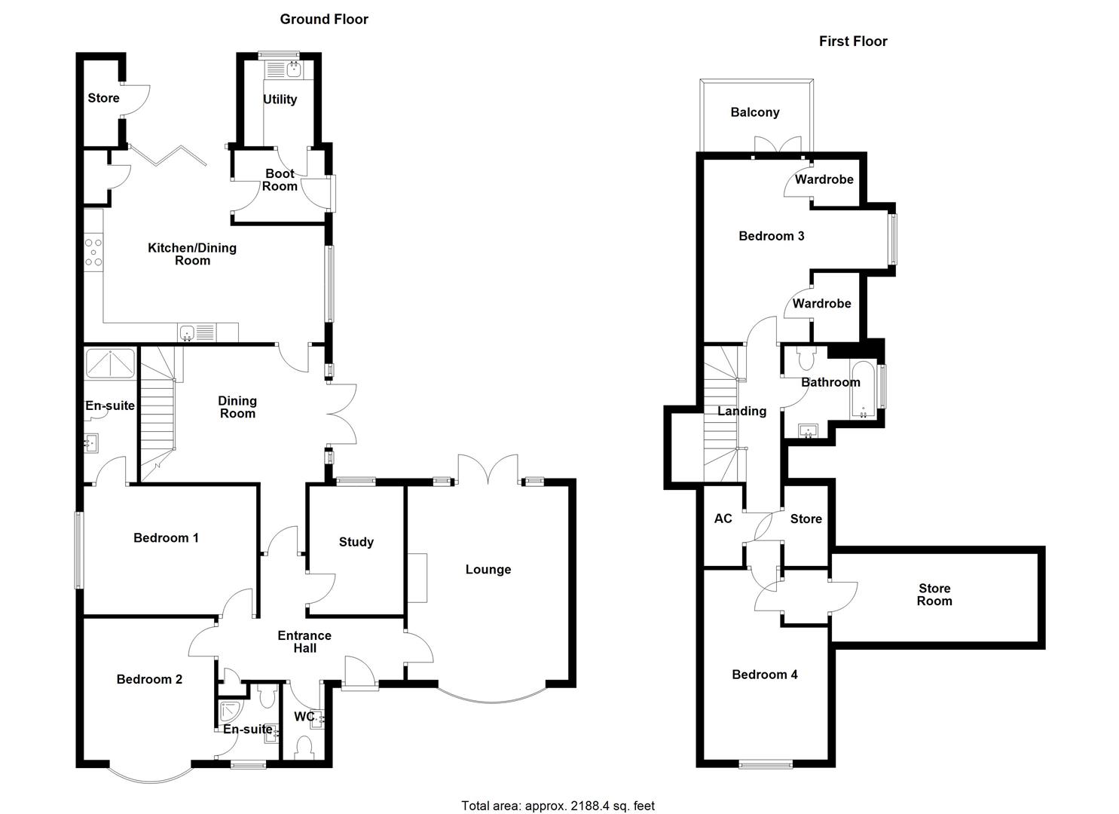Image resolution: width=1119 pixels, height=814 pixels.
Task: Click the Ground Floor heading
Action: (x=324, y=20)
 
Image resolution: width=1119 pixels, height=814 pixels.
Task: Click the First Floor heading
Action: (x=853, y=41)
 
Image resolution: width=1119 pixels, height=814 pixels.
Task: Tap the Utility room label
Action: (x=280, y=99)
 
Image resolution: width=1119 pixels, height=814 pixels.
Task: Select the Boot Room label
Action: (x=280, y=180)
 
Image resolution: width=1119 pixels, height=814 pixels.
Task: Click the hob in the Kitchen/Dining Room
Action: (x=93, y=252)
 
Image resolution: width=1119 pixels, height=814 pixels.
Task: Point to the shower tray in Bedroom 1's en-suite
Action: (x=110, y=363)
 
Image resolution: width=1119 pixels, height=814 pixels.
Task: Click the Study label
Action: (x=356, y=542)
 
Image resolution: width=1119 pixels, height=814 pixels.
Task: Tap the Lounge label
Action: (x=488, y=570)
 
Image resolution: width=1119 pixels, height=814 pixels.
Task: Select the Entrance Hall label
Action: (x=304, y=642)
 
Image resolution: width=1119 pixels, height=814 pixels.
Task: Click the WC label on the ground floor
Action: (x=304, y=717)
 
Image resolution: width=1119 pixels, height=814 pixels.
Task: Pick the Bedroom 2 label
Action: (x=149, y=680)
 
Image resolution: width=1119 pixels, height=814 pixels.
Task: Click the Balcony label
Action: (x=754, y=112)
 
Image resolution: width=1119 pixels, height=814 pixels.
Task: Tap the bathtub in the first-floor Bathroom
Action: (x=862, y=389)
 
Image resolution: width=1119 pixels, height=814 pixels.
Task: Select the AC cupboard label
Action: (x=723, y=519)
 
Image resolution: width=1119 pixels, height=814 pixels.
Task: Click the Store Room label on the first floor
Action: (x=934, y=595)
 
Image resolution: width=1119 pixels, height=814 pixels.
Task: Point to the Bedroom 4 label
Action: (x=764, y=675)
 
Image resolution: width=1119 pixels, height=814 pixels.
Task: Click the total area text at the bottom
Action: (x=558, y=806)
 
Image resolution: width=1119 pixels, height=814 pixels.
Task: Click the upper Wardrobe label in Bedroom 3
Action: (x=824, y=179)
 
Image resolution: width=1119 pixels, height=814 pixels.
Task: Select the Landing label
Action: (x=741, y=412)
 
